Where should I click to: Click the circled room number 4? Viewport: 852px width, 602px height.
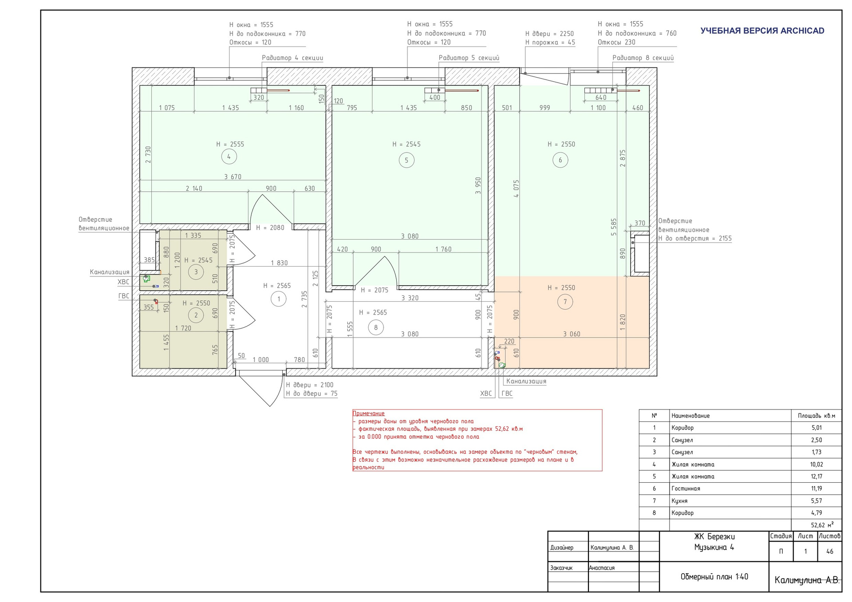coord(229,157)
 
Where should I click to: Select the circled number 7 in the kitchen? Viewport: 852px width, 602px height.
coord(565,302)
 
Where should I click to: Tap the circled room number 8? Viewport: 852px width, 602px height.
coord(376,328)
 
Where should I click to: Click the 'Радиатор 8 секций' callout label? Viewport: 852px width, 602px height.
coord(643,58)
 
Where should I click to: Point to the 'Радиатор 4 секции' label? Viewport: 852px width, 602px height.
coord(292,58)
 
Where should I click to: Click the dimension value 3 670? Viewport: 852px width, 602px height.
coord(233,177)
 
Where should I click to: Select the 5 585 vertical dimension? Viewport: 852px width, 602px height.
coord(614,227)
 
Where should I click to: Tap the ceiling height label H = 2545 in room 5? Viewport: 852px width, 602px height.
coord(406,144)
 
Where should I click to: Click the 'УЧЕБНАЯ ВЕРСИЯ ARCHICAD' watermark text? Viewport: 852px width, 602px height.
coord(762,31)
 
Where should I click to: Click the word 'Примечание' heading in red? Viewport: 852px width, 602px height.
coord(368,413)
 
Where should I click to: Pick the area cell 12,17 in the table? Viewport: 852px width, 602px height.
coord(816,476)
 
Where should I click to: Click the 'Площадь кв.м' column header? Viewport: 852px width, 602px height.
coord(816,416)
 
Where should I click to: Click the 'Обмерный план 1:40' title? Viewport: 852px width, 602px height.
coord(714,577)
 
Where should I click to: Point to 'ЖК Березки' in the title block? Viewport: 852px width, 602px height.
coord(714,537)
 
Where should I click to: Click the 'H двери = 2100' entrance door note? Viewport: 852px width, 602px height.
coord(310,385)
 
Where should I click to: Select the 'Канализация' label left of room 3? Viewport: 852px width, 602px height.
coord(110,272)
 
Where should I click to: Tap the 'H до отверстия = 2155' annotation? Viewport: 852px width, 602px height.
coord(695,238)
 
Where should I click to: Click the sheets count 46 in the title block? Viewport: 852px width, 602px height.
coord(830,551)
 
